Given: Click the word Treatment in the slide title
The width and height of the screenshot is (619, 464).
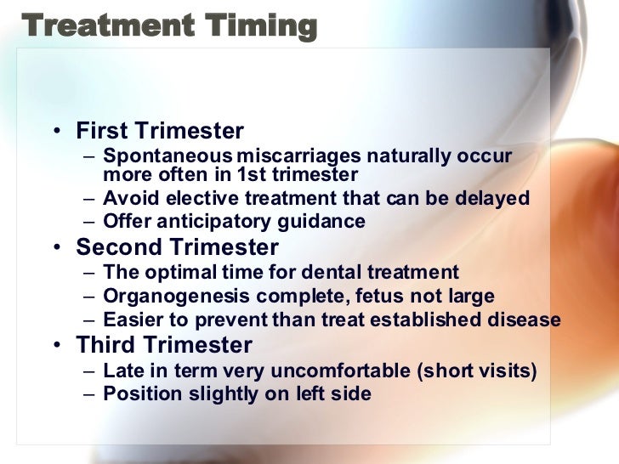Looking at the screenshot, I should coord(95,25).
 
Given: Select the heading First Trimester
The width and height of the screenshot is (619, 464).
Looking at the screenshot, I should coord(160,132).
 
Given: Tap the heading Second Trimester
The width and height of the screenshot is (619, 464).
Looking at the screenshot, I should coord(177,247).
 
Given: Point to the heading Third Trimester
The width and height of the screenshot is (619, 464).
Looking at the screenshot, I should coord(164,346).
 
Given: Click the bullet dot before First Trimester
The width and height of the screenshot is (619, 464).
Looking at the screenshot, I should coord(56,133).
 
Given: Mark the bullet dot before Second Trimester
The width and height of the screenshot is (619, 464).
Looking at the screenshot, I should coord(56,248).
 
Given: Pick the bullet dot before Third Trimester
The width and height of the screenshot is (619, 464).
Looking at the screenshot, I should coord(56,347).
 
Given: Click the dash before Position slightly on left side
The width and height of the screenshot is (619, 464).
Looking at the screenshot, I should coord(91,394).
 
